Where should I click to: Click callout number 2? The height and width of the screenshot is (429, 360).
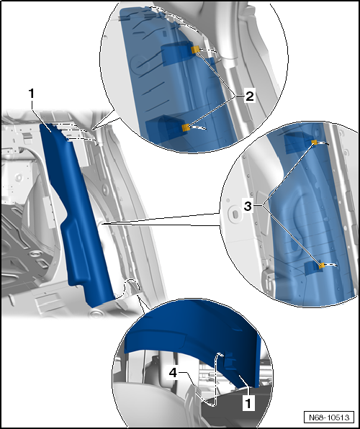tap(249, 96)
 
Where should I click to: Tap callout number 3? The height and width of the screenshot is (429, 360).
tap(248, 207)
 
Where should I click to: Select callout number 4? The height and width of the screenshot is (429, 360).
tap(173, 373)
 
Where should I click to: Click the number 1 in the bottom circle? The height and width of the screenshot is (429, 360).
tap(248, 403)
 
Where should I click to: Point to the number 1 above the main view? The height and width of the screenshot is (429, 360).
tap(32, 94)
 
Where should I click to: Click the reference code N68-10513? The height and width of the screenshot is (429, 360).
tap(329, 417)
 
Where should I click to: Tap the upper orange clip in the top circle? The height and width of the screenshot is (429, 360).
tap(195, 50)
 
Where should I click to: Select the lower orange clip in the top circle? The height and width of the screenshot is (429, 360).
tap(186, 127)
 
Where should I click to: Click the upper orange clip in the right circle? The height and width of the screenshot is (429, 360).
tap(314, 143)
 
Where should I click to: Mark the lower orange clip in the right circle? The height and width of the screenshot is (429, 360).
tap(322, 265)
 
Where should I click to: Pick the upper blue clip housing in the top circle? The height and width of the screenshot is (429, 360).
tap(177, 53)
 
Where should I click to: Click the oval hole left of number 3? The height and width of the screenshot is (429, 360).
tap(235, 213)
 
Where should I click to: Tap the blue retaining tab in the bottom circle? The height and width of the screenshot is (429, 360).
tap(229, 361)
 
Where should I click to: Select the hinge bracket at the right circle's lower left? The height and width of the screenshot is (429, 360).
tap(268, 282)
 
